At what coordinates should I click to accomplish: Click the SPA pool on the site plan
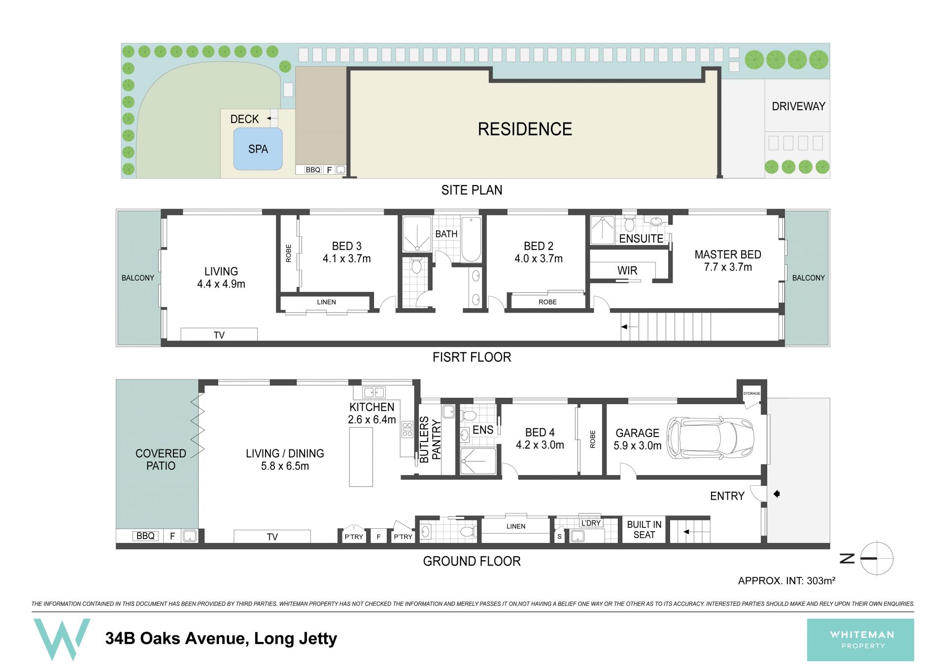[x=258, y=149]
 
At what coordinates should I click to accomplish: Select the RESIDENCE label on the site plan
[x=525, y=129]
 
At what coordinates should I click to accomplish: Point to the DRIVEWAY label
[x=798, y=106]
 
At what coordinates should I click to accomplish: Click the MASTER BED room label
[x=728, y=254]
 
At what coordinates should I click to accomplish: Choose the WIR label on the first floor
[x=627, y=271]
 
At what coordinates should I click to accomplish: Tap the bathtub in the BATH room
[x=471, y=239]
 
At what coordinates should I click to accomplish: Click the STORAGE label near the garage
[x=751, y=393]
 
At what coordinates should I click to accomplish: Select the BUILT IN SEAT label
[x=644, y=530]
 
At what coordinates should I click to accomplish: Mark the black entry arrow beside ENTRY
[x=777, y=494]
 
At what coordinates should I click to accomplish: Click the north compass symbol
[x=877, y=558]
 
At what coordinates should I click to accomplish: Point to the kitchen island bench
[x=361, y=457]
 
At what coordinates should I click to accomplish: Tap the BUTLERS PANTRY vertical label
[x=430, y=440]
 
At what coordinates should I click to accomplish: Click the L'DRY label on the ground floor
[x=591, y=523]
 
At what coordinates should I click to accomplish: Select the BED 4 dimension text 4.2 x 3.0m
[x=540, y=445]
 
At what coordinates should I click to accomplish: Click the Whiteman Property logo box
[x=860, y=640]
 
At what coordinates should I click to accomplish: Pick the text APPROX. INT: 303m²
[x=786, y=581]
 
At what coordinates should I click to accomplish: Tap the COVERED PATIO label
[x=161, y=459]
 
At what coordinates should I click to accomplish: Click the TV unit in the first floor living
[x=219, y=334]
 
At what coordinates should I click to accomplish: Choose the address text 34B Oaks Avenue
[x=175, y=638]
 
